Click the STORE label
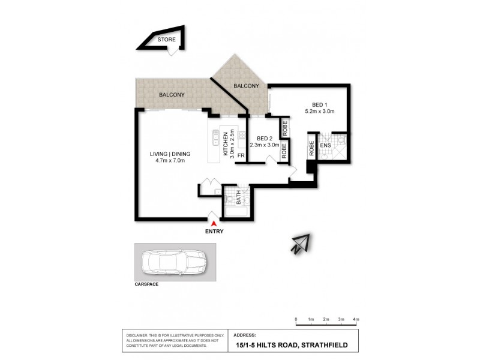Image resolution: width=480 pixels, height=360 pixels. pyautogui.click(x=167, y=41)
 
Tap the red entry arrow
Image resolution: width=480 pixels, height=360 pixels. pyautogui.click(x=214, y=223)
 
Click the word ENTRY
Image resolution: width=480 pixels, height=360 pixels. pyautogui.click(x=214, y=232)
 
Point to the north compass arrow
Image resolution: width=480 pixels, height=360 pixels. pyautogui.click(x=299, y=244)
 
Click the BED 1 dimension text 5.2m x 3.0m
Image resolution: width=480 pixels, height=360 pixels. pyautogui.click(x=319, y=111)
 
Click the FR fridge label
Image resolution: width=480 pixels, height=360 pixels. pyautogui.click(x=241, y=157)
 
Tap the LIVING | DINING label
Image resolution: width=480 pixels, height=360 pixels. pyautogui.click(x=170, y=154)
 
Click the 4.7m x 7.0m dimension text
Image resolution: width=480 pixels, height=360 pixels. pyautogui.click(x=170, y=161)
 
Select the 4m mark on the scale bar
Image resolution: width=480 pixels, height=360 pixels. pyautogui.click(x=355, y=319)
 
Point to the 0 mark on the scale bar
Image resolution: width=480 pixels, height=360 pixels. pyautogui.click(x=296, y=319)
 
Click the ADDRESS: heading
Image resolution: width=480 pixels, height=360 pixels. pyautogui.click(x=244, y=335)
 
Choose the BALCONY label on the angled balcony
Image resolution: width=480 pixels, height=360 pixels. pyautogui.click(x=247, y=86)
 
